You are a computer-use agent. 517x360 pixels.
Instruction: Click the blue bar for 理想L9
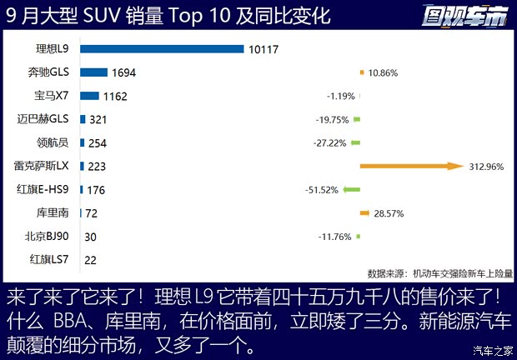(x=162, y=49)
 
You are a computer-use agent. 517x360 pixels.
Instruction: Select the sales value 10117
(x=264, y=49)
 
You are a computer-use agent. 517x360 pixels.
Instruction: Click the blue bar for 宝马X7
(x=89, y=96)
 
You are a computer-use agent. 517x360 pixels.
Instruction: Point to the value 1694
(x=123, y=72)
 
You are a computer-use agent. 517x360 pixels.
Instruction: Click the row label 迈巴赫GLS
(x=48, y=119)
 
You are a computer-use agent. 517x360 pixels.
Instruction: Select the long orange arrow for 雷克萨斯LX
(x=411, y=166)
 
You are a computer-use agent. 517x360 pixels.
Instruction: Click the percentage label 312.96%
(x=486, y=166)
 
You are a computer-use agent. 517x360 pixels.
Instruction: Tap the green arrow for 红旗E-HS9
(x=351, y=189)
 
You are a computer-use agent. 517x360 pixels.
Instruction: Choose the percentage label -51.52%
(x=322, y=190)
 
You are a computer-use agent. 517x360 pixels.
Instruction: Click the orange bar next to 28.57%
(x=364, y=212)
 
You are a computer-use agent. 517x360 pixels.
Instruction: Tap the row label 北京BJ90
(x=51, y=236)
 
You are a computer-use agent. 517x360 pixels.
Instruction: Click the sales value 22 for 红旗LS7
(x=91, y=260)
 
